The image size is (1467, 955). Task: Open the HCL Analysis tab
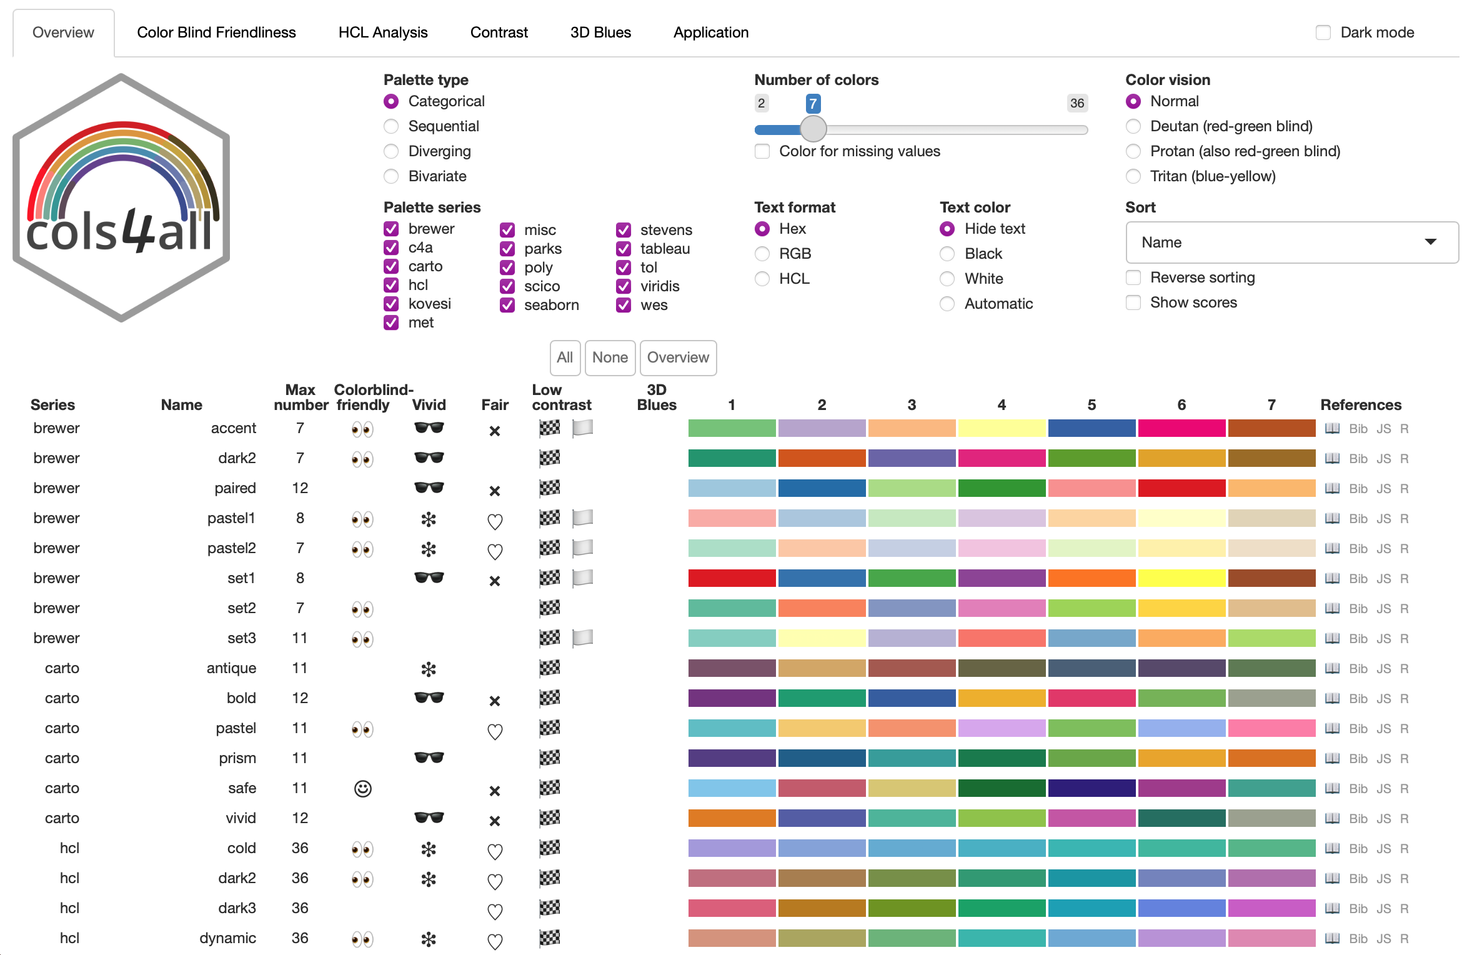[x=382, y=32]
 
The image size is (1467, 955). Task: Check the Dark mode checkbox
[x=1323, y=32]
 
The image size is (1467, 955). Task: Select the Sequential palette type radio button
[x=392, y=126]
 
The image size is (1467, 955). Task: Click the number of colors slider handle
[x=813, y=129]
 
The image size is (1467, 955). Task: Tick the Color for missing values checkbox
[x=762, y=151]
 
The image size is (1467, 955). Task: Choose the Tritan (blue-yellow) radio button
[x=1133, y=176]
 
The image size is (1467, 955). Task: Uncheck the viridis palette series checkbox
[x=624, y=286]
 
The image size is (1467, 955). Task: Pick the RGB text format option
[x=762, y=254]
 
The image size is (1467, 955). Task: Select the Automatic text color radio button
[x=947, y=304]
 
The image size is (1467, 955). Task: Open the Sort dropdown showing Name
[x=1291, y=242]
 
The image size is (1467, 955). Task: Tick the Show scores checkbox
[x=1133, y=302]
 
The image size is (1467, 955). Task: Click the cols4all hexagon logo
[x=121, y=197]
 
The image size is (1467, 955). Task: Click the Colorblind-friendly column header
[x=373, y=397]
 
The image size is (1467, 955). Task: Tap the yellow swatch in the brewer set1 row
[x=1181, y=578]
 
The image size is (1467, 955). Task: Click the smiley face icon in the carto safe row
[x=362, y=789]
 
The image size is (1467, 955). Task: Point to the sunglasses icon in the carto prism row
[x=429, y=758]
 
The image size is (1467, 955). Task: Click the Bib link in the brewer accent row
[x=1358, y=429]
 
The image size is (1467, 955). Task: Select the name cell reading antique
[x=231, y=668]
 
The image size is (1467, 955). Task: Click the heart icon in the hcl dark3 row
[x=495, y=911]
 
